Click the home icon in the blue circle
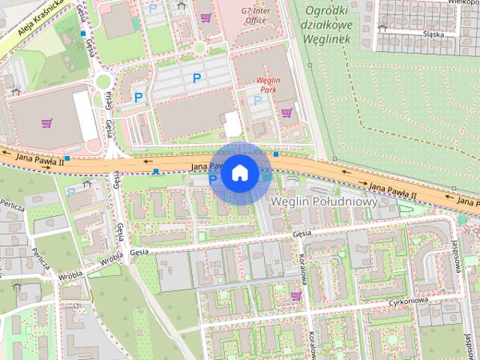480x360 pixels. (239, 172)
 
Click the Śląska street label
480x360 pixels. (433, 34)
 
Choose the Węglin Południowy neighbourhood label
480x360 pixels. (322, 202)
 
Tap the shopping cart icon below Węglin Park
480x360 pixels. (286, 113)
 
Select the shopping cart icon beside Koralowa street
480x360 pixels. (295, 296)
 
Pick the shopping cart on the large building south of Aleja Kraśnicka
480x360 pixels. (47, 123)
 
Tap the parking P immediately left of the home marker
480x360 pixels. (212, 179)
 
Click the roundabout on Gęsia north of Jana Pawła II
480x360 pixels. (102, 80)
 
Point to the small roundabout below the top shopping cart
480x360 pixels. (199, 49)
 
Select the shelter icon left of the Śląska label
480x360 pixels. (382, 28)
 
